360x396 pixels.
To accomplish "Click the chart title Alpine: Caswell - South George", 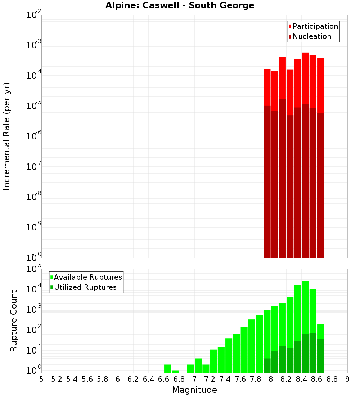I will tap(180, 5).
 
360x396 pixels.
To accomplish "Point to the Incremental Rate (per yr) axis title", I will tap(7, 136).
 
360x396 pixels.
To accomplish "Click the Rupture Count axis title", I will tap(14, 321).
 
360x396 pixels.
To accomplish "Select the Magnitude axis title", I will tap(194, 390).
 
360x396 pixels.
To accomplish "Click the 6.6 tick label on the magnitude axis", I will tap(164, 379).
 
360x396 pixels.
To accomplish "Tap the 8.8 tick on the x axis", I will tap(332, 379).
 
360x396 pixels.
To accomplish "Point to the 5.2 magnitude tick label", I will tap(57, 379).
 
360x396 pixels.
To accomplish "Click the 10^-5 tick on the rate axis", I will tap(35, 106).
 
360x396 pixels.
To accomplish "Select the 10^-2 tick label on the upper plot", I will tap(35, 15).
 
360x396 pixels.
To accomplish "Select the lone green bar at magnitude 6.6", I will tap(167, 369).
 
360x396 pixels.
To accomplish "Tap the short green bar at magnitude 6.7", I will tap(175, 372).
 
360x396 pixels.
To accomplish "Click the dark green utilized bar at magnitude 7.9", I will tap(267, 365).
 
